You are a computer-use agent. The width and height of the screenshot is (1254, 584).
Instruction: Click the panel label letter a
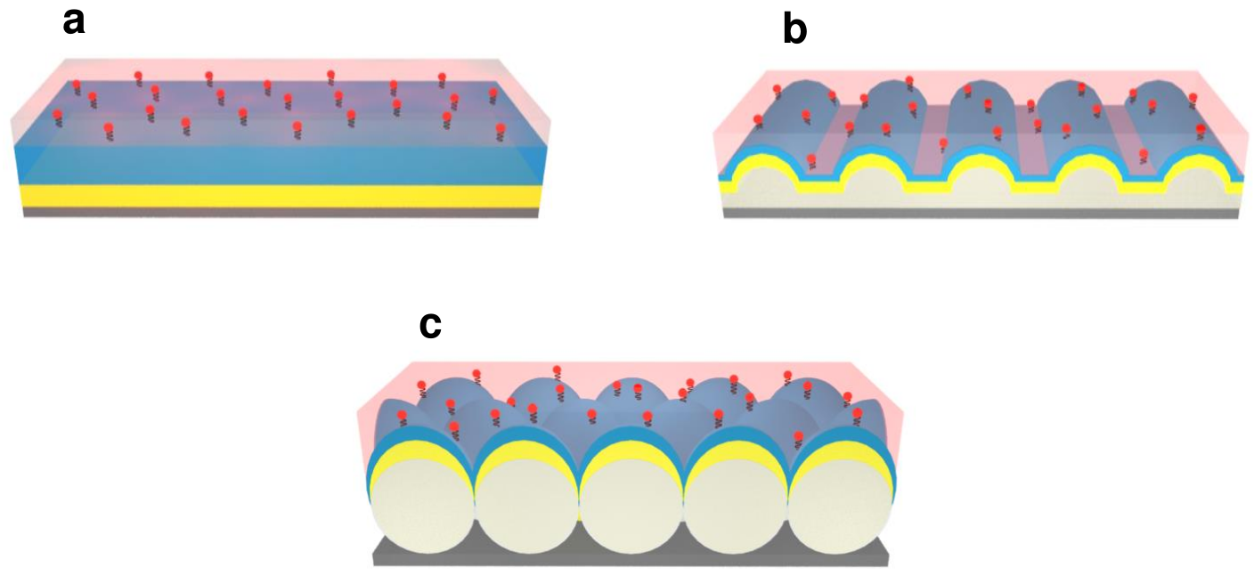(74, 20)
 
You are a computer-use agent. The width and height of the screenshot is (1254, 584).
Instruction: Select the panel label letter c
(430, 326)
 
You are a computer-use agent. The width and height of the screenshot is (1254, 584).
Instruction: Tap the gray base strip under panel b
(980, 215)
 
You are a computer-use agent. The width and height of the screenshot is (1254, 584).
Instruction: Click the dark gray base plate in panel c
(631, 552)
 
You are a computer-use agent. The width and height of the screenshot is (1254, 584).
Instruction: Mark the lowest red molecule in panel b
(810, 159)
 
